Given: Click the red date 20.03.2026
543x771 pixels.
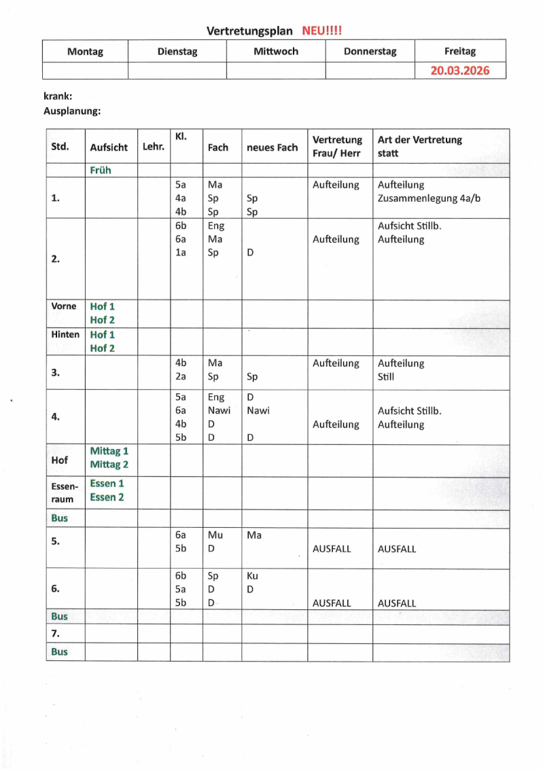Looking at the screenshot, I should point(459,71).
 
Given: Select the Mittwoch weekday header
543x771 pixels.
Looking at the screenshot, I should point(275,51).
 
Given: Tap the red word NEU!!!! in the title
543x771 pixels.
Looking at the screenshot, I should point(321,31).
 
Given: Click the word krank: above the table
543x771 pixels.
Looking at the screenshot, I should point(58,96).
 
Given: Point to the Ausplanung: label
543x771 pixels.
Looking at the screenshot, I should point(72,110).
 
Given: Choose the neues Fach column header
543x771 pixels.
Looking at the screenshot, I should point(272,147).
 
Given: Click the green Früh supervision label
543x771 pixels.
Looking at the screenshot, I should point(100,171).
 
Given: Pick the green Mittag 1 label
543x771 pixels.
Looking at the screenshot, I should point(109,451).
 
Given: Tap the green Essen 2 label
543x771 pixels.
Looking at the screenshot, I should point(107,497).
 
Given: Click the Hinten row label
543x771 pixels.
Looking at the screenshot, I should point(65,334).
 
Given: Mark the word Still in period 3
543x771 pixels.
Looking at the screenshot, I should point(386,377).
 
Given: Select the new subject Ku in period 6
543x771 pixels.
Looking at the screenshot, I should point(253,576).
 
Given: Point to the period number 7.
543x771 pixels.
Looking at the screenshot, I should point(56,634).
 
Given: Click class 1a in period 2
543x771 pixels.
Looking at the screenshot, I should point(181,253).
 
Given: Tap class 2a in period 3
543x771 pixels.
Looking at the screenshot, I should point(181,377).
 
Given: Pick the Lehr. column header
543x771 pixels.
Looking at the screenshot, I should point(154,147).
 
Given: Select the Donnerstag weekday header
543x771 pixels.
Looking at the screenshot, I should point(370,51).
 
